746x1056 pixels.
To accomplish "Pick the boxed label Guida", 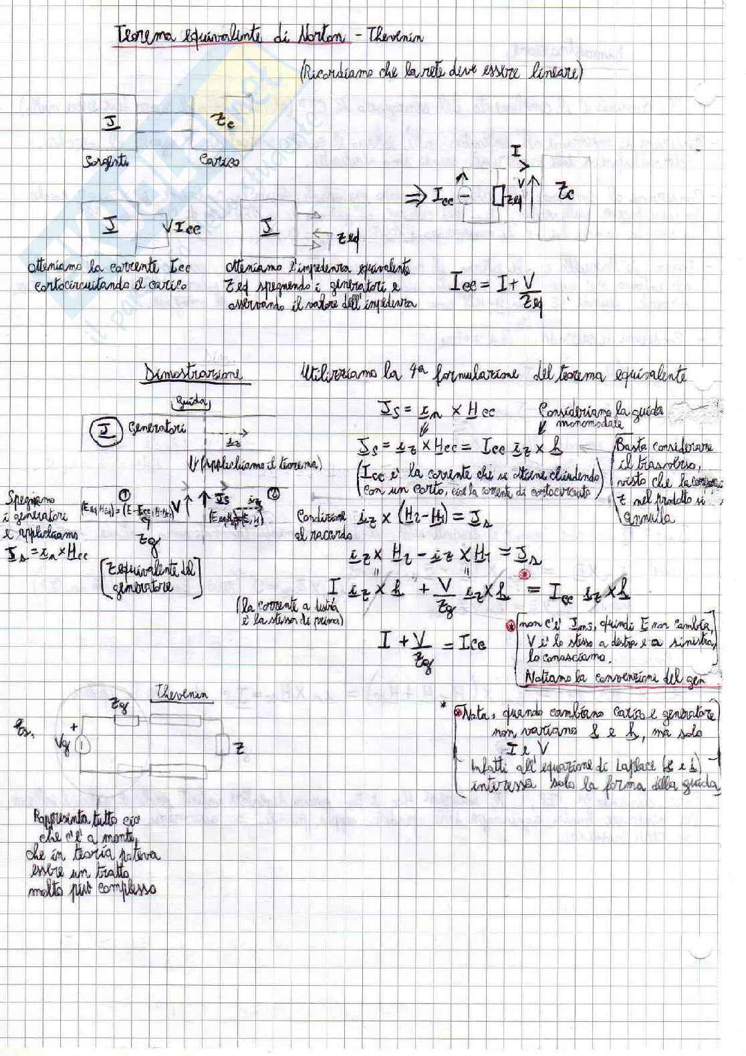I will point(182,403).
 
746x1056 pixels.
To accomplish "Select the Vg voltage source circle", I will point(82,743).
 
